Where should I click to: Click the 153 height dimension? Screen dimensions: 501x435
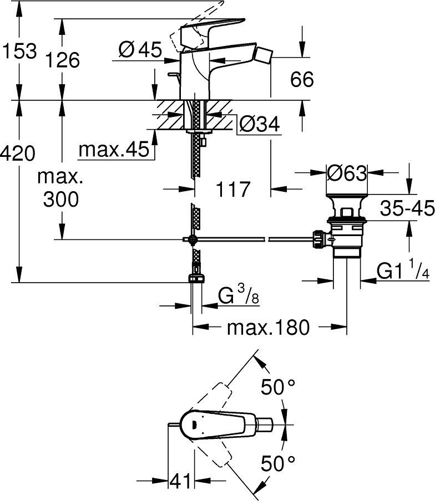(19, 52)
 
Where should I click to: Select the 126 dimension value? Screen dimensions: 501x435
(63, 59)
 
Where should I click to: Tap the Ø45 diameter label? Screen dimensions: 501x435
(140, 50)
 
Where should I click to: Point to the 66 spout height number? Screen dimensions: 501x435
(302, 79)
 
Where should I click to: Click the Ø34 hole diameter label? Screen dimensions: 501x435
(257, 125)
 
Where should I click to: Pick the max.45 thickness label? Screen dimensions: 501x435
(114, 149)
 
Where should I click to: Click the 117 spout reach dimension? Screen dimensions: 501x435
(232, 190)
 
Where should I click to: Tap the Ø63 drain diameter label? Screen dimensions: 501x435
(347, 173)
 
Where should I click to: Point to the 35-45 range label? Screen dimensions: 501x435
(407, 208)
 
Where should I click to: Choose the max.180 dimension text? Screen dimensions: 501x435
(268, 328)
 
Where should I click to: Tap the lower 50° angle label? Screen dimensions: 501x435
(278, 461)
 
